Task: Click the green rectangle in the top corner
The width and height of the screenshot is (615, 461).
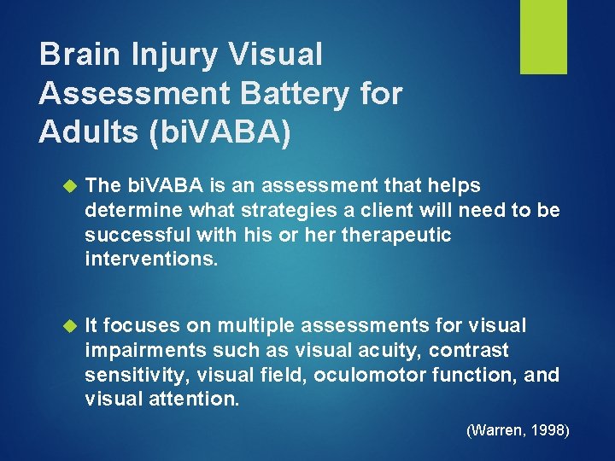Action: tap(543, 37)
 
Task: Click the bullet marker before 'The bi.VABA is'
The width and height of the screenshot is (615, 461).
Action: tap(71, 186)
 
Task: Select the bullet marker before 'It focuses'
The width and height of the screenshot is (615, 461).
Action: tap(71, 326)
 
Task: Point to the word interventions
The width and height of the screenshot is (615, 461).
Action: tap(151, 258)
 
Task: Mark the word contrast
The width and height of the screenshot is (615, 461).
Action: tap(469, 350)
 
